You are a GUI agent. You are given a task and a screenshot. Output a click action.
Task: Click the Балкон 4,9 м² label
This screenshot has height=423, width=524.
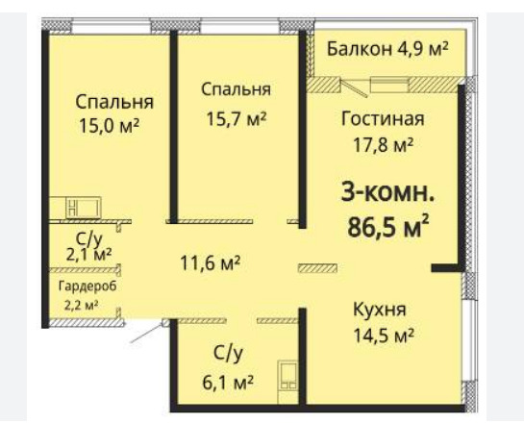387,49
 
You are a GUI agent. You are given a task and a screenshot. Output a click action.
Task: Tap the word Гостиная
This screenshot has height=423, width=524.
383,118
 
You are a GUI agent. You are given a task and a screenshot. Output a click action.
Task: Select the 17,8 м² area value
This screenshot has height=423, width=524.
384,144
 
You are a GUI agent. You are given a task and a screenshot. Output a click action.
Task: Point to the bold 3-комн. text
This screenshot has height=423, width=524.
387,193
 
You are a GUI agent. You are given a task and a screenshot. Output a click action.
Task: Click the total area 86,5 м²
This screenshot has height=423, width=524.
388,226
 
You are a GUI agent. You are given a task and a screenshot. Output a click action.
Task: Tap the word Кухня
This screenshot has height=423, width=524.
380,310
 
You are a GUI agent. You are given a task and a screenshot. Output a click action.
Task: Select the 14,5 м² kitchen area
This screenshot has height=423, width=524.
384,336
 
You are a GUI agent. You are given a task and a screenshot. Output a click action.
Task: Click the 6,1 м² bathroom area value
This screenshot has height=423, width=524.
228,383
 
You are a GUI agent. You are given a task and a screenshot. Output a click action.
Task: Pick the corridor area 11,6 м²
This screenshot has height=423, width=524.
211,263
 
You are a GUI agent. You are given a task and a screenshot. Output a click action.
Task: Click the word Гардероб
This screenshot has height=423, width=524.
87,286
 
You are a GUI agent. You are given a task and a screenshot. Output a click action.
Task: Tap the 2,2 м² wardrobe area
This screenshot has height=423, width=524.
81,305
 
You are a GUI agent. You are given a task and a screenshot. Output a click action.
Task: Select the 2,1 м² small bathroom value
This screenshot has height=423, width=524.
88,255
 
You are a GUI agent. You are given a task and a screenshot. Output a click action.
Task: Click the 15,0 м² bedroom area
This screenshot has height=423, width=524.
109,126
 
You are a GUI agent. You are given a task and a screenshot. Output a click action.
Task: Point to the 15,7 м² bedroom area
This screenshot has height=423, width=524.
237,118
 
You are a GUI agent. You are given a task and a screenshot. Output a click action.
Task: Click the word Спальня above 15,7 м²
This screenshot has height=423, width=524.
236,89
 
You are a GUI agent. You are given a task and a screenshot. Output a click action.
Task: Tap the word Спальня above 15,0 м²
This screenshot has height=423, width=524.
114,102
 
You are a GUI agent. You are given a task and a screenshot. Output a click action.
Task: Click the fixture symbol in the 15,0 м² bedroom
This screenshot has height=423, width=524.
84,208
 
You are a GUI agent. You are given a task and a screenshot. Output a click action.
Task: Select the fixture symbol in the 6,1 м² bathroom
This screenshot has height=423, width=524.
288,375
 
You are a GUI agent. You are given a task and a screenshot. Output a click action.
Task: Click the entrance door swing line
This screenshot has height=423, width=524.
146,335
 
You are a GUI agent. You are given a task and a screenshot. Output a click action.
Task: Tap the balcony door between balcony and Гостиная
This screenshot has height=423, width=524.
354,87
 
